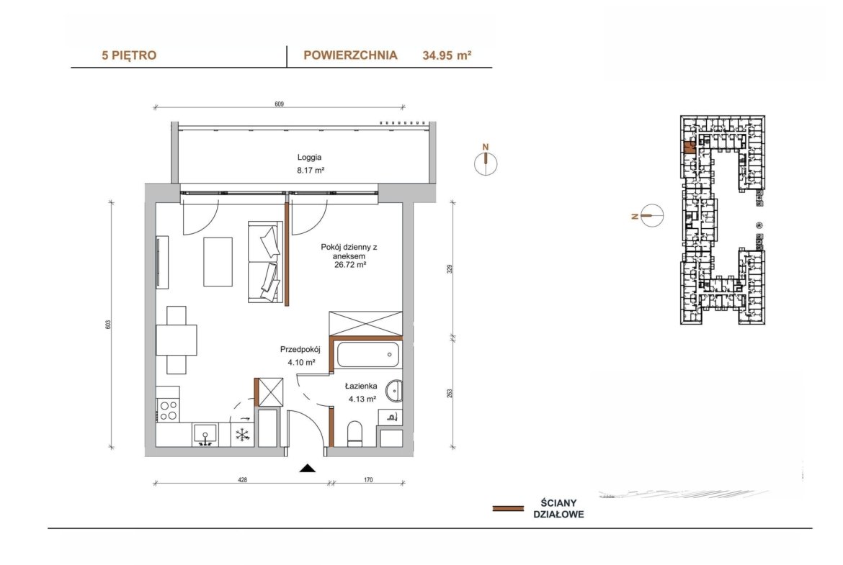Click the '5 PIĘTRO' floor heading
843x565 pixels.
[129, 55]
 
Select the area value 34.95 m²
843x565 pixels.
[447, 55]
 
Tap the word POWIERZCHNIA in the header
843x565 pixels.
[351, 55]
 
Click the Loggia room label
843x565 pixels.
[310, 158]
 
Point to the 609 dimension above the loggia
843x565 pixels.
[279, 104]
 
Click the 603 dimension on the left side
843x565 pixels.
[108, 325]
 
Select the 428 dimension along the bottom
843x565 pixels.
[243, 480]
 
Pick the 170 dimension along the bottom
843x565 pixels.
[368, 480]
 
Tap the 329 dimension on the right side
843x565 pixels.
[450, 268]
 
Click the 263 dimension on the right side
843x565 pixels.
[450, 393]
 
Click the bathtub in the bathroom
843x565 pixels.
[368, 354]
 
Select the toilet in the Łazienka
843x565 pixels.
[355, 434]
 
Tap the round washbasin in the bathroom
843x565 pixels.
[394, 390]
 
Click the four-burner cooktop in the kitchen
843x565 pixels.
[169, 411]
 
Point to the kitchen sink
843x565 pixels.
[205, 435]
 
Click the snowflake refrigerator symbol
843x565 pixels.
[243, 435]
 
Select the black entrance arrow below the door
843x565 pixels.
[308, 469]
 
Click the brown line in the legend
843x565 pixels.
[508, 509]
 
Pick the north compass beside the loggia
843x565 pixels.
[486, 163]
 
